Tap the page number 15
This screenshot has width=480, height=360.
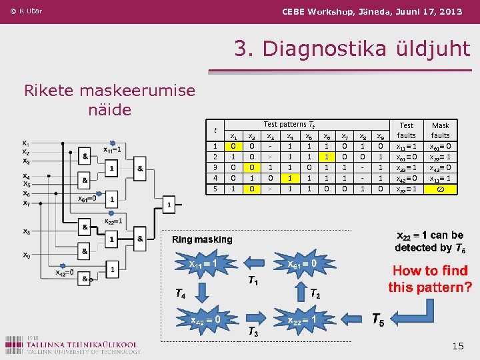[x=457, y=345]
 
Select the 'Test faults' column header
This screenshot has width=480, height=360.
[x=406, y=130]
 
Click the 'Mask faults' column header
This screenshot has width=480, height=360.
[x=441, y=130]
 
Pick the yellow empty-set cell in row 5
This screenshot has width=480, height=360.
[x=441, y=189]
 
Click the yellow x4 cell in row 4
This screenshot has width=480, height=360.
[x=289, y=179]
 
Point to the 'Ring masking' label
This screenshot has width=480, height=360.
[x=202, y=239]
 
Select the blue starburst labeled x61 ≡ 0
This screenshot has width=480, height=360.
[x=306, y=264]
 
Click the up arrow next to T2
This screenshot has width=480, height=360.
[x=299, y=291]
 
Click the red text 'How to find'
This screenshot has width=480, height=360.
[x=430, y=271]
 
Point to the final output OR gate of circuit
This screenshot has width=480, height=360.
[x=170, y=203]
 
